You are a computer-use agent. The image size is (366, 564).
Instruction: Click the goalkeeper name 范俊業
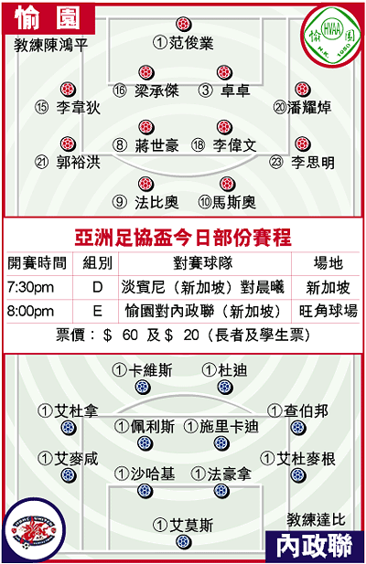(191, 43)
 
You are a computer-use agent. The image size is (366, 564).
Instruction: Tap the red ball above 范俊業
(184, 24)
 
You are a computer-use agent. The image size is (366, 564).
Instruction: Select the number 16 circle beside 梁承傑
(120, 90)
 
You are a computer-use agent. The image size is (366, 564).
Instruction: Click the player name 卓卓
(235, 90)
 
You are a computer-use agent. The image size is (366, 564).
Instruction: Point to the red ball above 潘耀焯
(302, 90)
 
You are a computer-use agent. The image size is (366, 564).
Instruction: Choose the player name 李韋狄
(78, 107)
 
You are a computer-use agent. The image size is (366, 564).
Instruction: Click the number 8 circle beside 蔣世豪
(120, 145)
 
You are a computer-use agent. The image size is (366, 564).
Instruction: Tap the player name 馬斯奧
(234, 202)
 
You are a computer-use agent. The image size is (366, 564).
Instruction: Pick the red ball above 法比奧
(145, 184)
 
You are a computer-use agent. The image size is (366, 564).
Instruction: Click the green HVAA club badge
(331, 36)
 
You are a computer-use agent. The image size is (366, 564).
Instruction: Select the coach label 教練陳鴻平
(51, 46)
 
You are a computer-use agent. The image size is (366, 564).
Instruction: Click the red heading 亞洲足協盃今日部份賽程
(183, 238)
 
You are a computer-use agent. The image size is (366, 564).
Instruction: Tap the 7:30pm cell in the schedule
(30, 287)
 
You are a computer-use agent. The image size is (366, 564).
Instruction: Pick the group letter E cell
(98, 311)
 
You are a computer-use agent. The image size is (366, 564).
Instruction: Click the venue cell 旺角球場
(328, 311)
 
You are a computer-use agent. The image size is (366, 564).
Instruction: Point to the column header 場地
(328, 263)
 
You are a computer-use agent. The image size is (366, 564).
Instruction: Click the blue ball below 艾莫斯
(183, 542)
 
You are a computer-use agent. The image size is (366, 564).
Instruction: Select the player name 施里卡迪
(229, 427)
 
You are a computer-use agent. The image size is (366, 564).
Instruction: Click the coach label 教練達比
(316, 519)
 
